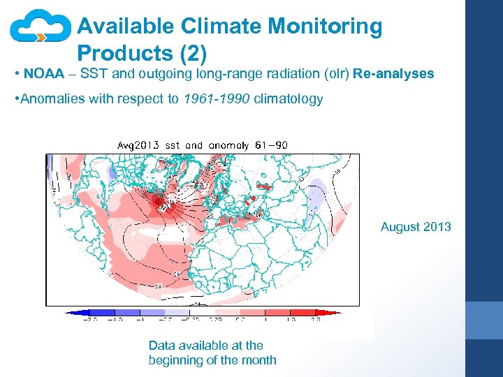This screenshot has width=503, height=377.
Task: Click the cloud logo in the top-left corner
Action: pos(40,29)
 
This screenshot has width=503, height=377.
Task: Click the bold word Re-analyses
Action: pos(393,73)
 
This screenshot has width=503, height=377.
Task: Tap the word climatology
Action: pos(288,98)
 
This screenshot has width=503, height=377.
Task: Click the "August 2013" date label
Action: pos(416,227)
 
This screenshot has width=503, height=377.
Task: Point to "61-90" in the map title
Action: pos(272,145)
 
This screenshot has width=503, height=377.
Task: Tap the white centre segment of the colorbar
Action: pos(203,313)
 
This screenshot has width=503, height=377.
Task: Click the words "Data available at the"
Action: pos(206,345)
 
